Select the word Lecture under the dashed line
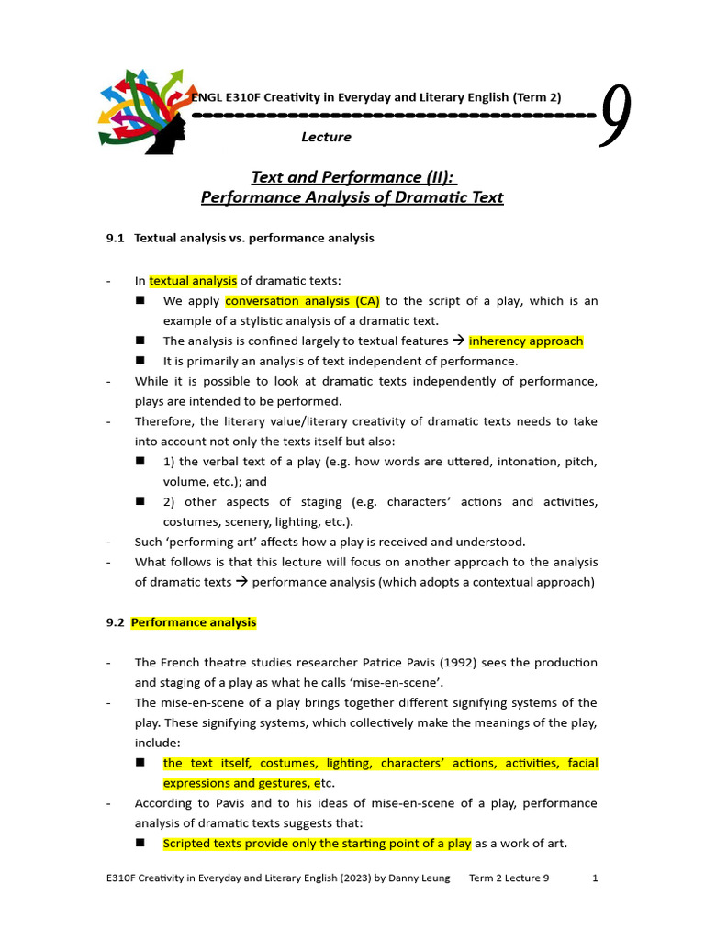click(326, 137)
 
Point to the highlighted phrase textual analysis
click(193, 281)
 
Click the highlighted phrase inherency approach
click(526, 341)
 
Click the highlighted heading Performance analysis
click(194, 622)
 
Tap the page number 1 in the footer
click(595, 878)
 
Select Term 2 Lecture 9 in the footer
click(509, 878)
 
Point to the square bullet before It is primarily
click(141, 361)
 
